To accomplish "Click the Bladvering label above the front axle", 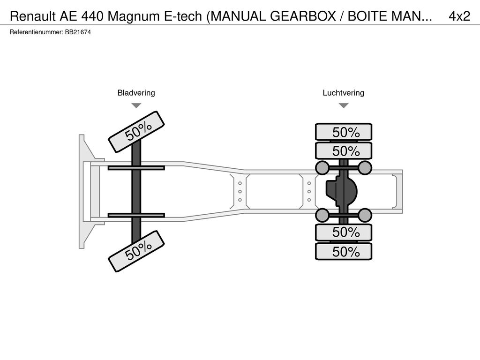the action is click(136, 93).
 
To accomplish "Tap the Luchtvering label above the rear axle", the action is click(344, 93).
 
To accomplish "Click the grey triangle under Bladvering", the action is click(136, 105).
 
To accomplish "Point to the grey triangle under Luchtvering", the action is click(344, 105).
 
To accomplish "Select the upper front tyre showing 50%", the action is click(136, 132).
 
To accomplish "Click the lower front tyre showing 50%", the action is click(136, 251).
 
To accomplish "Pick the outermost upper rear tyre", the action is click(344, 132).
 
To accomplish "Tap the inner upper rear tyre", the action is click(344, 150).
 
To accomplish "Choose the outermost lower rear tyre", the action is click(344, 251).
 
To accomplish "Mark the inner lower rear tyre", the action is click(344, 232).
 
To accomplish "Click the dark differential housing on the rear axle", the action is click(342, 192).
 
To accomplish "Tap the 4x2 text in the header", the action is click(459, 16).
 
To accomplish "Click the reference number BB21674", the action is click(78, 32).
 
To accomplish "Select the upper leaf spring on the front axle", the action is click(136, 168).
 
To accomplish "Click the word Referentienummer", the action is click(36, 32).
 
